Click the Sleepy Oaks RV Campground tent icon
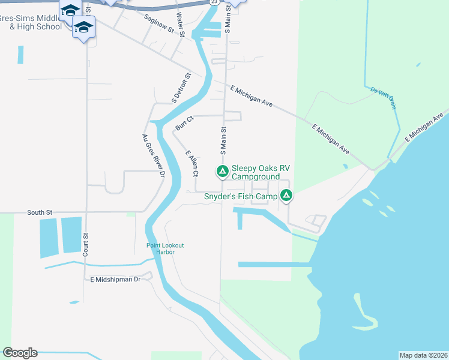point(222,172)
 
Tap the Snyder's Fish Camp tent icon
point(287,196)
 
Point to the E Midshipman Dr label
point(115,280)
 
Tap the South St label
point(40,212)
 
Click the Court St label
point(86,245)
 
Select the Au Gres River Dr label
point(153,156)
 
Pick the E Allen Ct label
point(192,163)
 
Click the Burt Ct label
point(185,122)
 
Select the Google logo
point(20,353)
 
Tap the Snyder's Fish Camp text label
point(240,196)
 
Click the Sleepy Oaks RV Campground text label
point(256,173)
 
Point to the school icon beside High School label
point(83,26)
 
